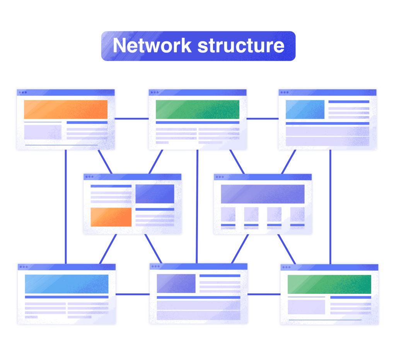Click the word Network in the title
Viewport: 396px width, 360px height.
152,46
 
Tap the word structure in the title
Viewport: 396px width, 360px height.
241,46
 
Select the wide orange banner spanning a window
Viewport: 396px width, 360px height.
66,109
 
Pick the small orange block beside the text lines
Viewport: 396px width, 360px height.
111,217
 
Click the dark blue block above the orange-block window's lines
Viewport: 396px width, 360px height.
155,194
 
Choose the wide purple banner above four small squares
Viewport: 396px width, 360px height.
263,194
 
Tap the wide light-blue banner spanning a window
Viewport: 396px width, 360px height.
67,284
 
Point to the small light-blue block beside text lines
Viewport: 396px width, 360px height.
305,109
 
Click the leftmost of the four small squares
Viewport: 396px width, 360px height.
228,214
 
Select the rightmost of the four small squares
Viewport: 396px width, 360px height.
297,214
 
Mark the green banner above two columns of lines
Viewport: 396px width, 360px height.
198,109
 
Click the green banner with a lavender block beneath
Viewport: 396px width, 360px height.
329,284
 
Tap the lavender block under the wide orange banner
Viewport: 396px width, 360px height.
43,132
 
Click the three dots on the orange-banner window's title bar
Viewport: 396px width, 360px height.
22,92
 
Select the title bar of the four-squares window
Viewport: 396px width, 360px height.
263,177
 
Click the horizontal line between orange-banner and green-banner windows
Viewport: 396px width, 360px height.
131,119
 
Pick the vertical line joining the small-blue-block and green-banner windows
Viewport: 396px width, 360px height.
330,206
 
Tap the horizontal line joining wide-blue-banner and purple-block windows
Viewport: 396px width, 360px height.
132,294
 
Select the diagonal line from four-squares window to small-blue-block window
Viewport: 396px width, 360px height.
288,162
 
